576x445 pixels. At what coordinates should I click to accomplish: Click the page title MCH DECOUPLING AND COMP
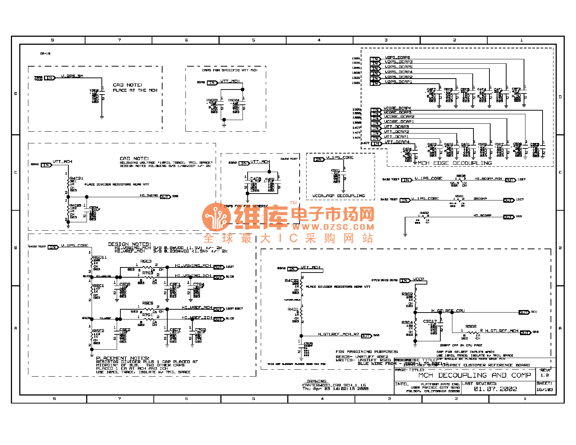(x=475, y=376)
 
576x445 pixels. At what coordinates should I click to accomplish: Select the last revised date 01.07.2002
(x=495, y=389)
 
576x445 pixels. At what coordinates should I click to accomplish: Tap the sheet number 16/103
(x=544, y=390)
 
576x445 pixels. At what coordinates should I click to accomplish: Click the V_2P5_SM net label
(x=72, y=76)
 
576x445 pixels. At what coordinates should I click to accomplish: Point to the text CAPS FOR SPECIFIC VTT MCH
(x=229, y=70)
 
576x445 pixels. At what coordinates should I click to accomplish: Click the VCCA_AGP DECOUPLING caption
(x=339, y=196)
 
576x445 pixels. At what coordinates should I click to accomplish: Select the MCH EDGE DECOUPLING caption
(x=455, y=163)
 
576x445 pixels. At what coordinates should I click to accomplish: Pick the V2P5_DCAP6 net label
(x=397, y=57)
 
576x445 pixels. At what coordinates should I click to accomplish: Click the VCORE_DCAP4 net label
(x=397, y=108)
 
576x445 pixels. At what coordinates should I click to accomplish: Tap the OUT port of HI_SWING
(x=165, y=197)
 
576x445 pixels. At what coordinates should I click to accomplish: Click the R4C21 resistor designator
(x=76, y=178)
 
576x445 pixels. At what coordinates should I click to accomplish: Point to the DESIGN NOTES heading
(x=129, y=244)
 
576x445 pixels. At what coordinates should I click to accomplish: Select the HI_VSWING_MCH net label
(x=193, y=266)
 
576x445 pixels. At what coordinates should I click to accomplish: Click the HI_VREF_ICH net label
(x=197, y=318)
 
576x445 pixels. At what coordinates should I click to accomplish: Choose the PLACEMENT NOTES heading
(x=123, y=358)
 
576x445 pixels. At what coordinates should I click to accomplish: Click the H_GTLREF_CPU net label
(x=448, y=311)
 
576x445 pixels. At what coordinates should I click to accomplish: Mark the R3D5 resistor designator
(x=471, y=327)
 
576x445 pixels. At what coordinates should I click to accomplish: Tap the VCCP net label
(x=419, y=279)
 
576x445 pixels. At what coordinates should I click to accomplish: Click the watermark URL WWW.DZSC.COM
(x=333, y=227)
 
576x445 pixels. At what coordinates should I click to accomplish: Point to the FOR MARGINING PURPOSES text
(x=367, y=352)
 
